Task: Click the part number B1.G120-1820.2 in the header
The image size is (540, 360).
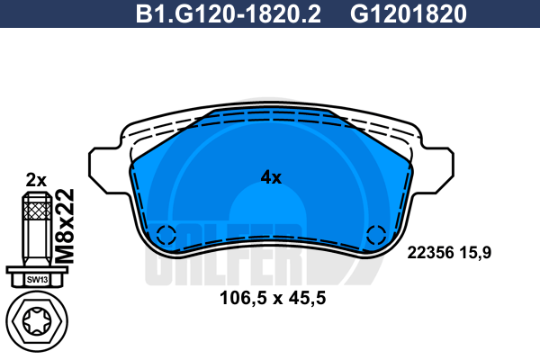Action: point(228,13)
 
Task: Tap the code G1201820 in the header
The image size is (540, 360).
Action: point(408,13)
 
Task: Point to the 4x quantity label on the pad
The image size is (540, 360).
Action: point(271,177)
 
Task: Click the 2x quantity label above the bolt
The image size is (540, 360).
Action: point(36,180)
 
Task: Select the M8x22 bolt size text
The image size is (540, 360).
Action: point(65,226)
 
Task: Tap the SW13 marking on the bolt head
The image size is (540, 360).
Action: point(37,279)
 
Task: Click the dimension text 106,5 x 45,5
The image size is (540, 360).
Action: point(273,298)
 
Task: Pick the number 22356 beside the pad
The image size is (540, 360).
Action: point(431,253)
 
